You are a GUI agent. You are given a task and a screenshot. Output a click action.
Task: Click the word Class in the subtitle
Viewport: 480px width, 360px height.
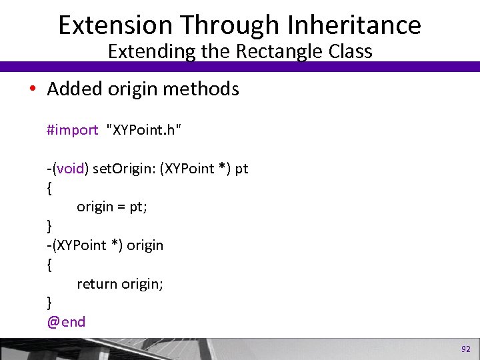click(x=348, y=51)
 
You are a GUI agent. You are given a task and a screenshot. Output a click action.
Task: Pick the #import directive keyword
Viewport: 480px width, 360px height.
click(x=72, y=130)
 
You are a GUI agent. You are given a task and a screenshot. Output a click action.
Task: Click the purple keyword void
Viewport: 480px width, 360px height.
click(x=70, y=169)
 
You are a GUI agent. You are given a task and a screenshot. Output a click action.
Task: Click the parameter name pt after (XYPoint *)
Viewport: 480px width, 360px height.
click(x=241, y=169)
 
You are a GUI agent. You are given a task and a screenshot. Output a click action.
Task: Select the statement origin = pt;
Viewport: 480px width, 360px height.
click(x=112, y=207)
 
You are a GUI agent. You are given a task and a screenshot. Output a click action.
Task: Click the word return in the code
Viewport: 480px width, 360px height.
click(x=97, y=284)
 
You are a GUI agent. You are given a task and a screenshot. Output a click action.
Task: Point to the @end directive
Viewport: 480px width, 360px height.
click(x=66, y=322)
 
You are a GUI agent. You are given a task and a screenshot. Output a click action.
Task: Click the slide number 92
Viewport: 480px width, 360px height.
click(x=465, y=349)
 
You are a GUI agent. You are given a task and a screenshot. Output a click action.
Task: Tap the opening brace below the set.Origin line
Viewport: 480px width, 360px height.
click(x=50, y=188)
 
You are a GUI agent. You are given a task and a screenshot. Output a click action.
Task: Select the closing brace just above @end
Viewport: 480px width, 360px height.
click(x=50, y=303)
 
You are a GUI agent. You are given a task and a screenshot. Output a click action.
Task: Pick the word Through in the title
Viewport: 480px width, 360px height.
click(x=223, y=25)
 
